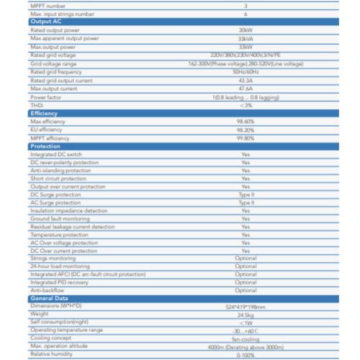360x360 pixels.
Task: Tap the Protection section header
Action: tap(45, 146)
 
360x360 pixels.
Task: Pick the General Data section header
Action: tap(49, 297)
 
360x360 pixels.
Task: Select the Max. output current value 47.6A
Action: tap(246, 89)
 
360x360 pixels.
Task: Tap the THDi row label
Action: tap(37, 106)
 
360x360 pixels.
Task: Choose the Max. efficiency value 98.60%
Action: tap(246, 122)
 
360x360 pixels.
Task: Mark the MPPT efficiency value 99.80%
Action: tap(246, 138)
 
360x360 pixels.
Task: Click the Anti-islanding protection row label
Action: tap(60, 171)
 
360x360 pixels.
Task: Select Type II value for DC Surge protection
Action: tap(246, 194)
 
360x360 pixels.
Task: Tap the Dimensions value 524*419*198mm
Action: tap(246, 306)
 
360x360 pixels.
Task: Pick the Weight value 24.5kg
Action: tap(246, 314)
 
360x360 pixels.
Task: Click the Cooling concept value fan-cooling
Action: tap(246, 338)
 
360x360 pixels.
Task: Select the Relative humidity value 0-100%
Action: tap(246, 354)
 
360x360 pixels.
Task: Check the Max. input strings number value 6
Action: tap(246, 13)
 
